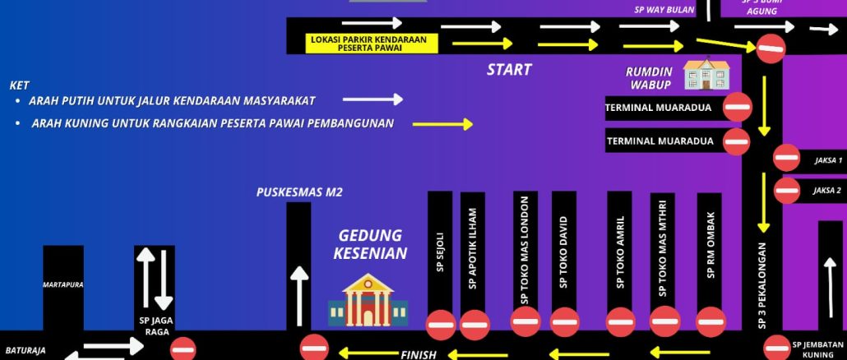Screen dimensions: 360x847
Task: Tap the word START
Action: point(508,70)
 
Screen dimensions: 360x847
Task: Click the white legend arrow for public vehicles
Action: point(373,99)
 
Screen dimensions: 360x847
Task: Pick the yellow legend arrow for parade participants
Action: point(442,124)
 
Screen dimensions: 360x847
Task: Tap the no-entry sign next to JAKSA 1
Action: point(786,158)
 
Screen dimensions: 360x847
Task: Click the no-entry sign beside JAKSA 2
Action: point(786,191)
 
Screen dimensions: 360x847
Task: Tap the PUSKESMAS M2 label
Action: point(299,193)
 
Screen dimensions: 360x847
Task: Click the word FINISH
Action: point(418,354)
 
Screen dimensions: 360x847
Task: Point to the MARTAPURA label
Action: point(63,284)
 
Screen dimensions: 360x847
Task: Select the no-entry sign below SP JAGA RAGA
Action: point(183,349)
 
